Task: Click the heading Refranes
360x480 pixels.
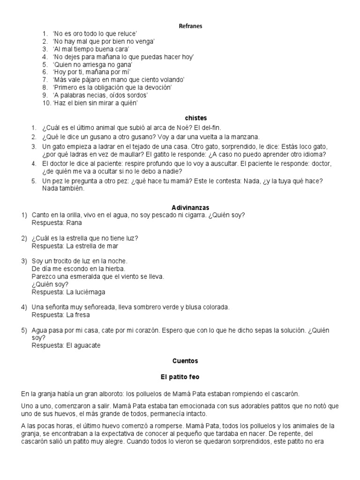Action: tap(190, 26)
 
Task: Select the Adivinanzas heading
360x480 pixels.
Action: tap(190, 207)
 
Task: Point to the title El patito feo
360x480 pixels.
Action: tap(180, 376)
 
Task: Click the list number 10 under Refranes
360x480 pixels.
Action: tap(46, 103)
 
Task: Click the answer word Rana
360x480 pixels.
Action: tap(74, 223)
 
